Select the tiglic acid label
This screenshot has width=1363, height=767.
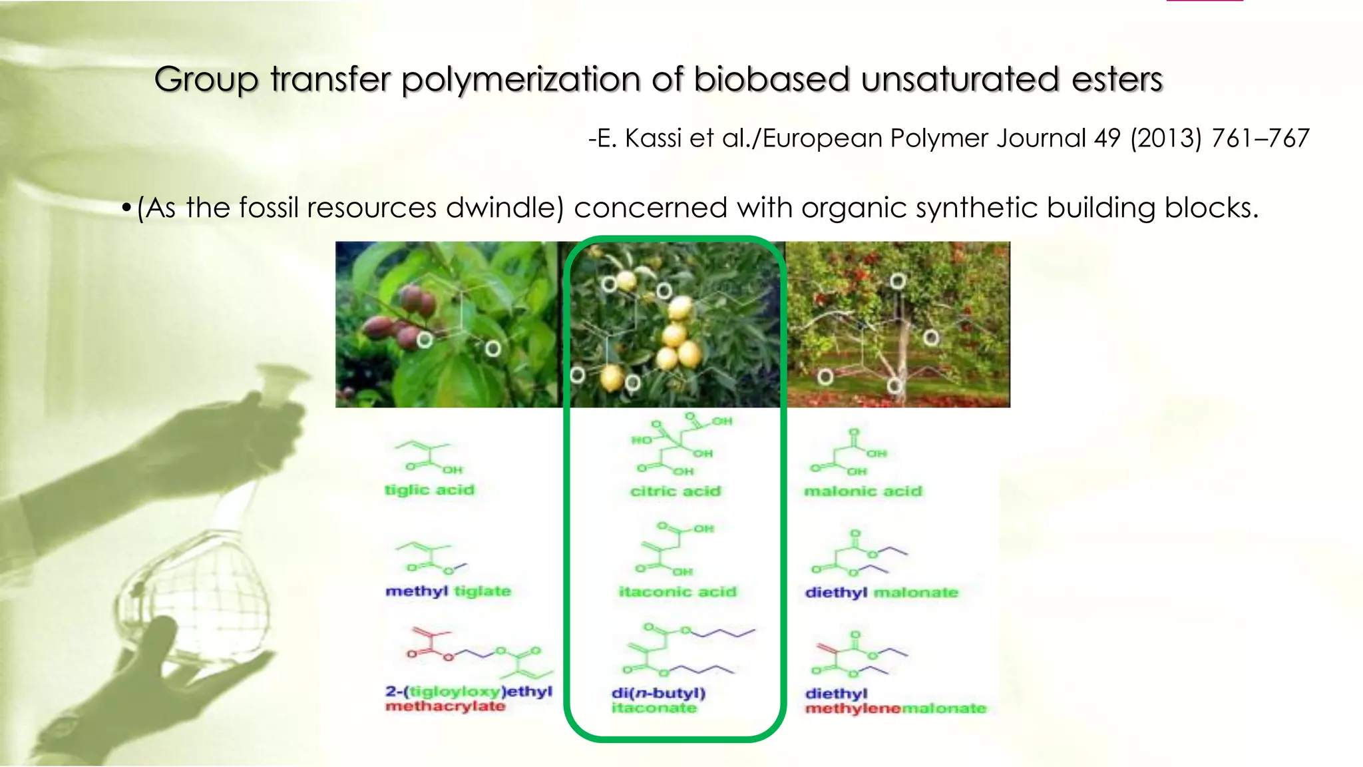point(430,490)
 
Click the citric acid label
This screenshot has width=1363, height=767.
point(676,491)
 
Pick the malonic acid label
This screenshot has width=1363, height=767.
point(863,491)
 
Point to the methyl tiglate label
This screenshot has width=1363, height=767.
point(448,591)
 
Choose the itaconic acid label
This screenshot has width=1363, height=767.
point(678,592)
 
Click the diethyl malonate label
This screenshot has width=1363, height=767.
point(881,593)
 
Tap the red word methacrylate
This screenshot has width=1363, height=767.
point(445,706)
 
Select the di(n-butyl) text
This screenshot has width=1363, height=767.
point(658,693)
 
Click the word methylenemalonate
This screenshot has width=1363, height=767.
point(895,708)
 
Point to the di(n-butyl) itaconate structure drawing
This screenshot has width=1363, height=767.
point(685,649)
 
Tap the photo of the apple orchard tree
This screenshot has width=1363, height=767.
point(898,325)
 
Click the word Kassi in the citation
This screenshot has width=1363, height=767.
point(654,138)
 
